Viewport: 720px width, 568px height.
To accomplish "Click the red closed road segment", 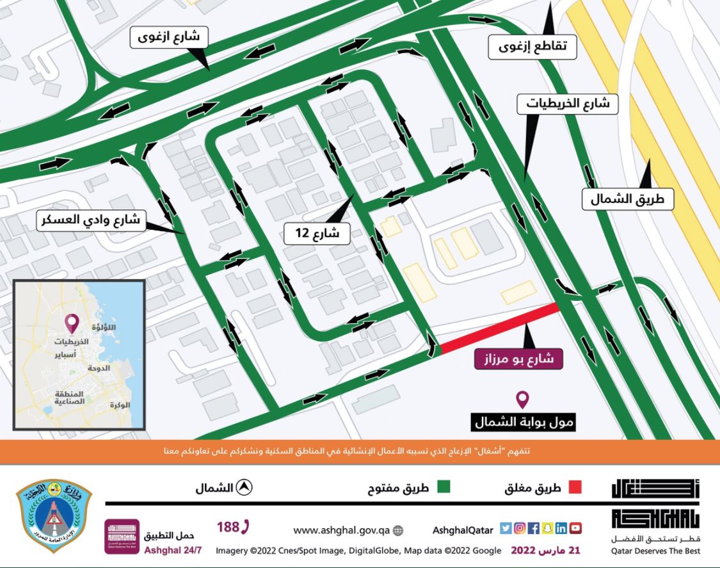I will (499, 329).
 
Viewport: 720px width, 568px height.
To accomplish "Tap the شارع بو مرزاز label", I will (518, 358).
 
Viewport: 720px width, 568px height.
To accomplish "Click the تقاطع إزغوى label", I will (532, 46).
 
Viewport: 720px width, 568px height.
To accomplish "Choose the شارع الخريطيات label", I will (568, 102).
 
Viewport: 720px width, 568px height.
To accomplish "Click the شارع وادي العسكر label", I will (92, 222).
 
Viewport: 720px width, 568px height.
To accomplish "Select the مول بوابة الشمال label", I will (524, 422).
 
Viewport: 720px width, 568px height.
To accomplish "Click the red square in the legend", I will (575, 488).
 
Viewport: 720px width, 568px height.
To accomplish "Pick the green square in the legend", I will (443, 488).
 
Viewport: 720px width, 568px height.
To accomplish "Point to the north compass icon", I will (243, 488).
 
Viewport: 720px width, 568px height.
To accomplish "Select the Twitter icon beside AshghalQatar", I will (505, 529).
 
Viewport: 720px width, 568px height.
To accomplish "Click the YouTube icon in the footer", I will (575, 529).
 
